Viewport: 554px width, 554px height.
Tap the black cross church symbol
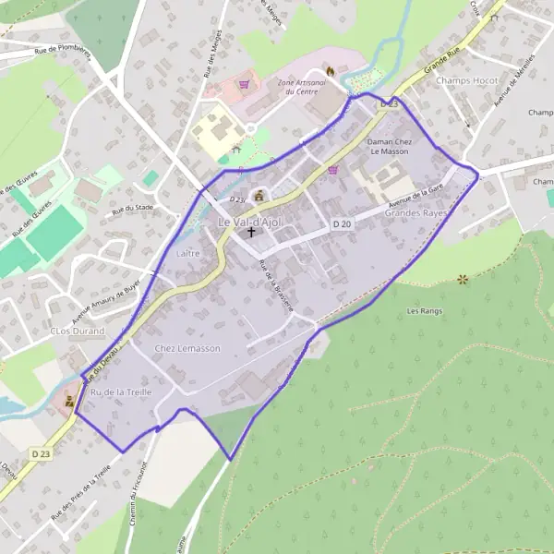point(251,235)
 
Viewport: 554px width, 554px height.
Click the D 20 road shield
point(342,224)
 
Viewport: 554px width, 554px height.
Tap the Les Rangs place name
point(425,311)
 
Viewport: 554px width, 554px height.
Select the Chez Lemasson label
point(188,348)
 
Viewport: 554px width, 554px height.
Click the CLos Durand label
point(78,331)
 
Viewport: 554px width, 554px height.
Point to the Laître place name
point(187,251)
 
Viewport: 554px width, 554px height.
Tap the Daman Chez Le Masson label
point(388,147)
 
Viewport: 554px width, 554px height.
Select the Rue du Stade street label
point(132,209)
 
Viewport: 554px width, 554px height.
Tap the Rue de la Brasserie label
point(276,286)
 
